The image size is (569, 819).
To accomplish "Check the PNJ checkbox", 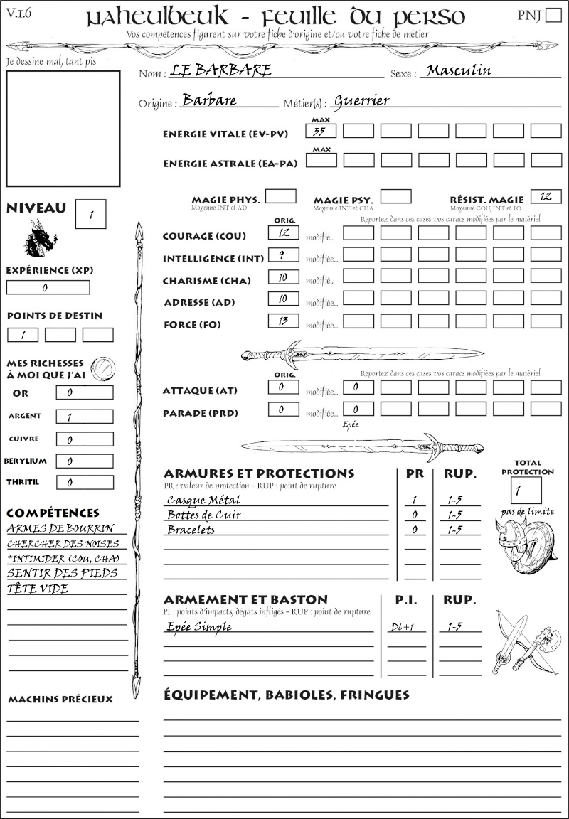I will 552,16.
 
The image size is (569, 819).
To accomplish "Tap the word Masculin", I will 459,70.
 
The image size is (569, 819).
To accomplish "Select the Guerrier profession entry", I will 362,100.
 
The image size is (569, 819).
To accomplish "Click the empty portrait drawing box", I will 63,128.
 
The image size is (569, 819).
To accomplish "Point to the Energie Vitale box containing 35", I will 321,131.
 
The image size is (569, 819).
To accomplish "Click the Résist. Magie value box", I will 546,196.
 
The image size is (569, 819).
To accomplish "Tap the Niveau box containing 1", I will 90,213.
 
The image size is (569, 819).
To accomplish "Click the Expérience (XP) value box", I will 48,288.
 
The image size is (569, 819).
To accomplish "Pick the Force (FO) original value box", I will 283,321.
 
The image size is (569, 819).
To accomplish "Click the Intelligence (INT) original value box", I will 283,255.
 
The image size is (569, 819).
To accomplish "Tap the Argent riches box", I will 84,417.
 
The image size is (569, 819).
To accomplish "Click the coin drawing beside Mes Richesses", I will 102,367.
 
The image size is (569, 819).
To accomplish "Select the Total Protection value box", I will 526,490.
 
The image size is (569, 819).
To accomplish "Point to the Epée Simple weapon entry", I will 199,626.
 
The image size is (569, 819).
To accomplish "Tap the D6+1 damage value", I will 405,627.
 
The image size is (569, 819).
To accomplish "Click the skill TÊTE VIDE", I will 38,589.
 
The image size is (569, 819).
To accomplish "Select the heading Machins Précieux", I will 60,700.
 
